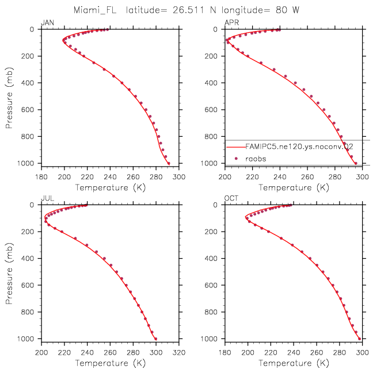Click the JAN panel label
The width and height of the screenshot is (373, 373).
pyautogui.click(x=47, y=22)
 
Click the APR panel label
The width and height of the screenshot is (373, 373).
pyautogui.click(x=231, y=22)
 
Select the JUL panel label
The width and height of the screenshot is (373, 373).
pyautogui.click(x=47, y=198)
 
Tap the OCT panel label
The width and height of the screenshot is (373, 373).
pyautogui.click(x=231, y=198)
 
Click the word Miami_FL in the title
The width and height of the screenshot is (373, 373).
pyautogui.click(x=95, y=10)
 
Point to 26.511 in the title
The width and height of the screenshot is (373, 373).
pyautogui.click(x=189, y=10)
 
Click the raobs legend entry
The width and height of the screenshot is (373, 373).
pyautogui.click(x=256, y=159)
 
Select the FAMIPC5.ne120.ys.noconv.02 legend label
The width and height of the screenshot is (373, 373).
pyautogui.click(x=299, y=147)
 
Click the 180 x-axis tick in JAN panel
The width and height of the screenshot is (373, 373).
pyautogui.click(x=41, y=177)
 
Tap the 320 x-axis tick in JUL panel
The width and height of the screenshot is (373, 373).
pyautogui.click(x=178, y=352)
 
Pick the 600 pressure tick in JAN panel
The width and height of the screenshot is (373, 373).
pyautogui.click(x=28, y=110)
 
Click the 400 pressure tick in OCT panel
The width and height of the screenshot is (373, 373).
pyautogui.click(x=211, y=258)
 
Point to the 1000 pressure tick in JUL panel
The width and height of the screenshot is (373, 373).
pyautogui.click(x=25, y=339)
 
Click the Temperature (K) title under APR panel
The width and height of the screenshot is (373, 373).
pyautogui.click(x=294, y=188)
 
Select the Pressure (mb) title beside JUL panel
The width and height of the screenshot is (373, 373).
pyautogui.click(x=9, y=274)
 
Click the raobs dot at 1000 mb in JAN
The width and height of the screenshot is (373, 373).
pyautogui.click(x=169, y=163)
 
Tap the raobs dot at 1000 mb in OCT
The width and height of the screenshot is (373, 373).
pyautogui.click(x=359, y=339)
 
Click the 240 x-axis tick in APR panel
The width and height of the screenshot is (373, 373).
pyautogui.click(x=280, y=177)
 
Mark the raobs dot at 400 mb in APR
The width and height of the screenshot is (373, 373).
pyautogui.click(x=295, y=83)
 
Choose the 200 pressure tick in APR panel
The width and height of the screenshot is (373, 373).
pyautogui.click(x=211, y=56)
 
